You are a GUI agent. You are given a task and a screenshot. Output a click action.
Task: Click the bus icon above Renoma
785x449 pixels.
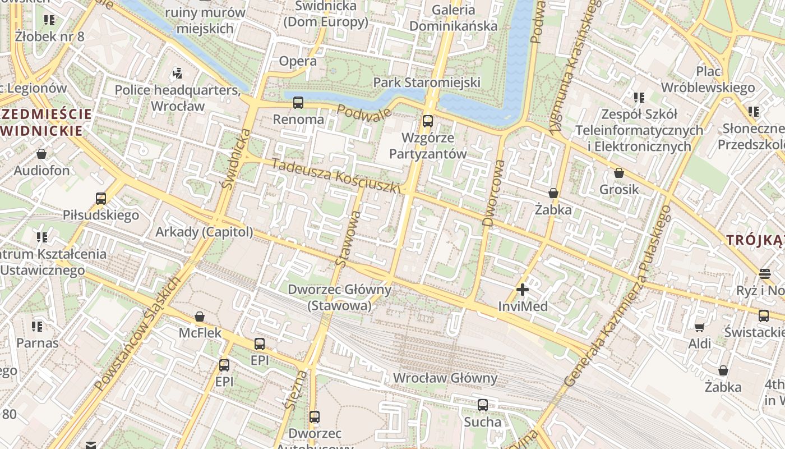point(298,103)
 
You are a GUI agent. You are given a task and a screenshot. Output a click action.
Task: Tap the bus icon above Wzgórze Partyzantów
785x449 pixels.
point(428,121)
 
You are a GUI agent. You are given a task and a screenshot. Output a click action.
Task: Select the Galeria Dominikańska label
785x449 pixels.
point(453,18)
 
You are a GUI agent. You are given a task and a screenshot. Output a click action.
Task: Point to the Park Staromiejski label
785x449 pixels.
point(427,83)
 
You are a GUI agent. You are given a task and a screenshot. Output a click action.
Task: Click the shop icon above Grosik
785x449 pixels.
point(619,173)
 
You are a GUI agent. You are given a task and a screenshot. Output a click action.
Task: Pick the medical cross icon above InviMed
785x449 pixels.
point(523,290)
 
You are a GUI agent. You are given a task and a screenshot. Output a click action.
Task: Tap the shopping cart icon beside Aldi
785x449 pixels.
point(699,327)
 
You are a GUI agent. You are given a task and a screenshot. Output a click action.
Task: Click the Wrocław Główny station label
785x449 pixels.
point(445,378)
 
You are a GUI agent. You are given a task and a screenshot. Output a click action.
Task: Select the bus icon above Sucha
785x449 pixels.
point(483,405)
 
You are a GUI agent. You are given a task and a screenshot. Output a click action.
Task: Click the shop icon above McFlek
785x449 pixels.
point(200,317)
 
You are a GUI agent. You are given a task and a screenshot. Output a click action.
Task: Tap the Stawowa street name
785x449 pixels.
point(348,238)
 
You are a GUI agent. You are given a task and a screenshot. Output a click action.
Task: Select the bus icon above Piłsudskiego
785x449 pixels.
point(101,198)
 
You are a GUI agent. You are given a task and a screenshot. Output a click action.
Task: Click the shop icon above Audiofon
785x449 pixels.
point(41,154)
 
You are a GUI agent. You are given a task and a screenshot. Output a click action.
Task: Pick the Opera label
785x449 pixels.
point(298,61)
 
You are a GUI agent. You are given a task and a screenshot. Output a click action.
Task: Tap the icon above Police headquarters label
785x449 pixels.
point(178,73)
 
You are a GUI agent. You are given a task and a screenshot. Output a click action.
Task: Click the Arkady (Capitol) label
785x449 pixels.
point(204,232)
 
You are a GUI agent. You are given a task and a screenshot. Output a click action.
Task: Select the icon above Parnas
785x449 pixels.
point(38,326)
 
